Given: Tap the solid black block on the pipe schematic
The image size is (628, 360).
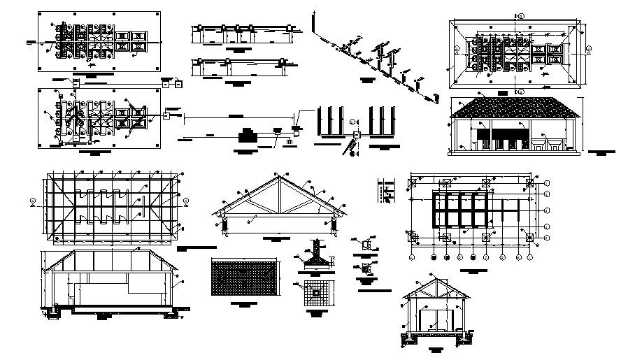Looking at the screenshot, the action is [247, 134].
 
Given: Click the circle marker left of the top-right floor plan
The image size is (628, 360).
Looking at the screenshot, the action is [456, 49].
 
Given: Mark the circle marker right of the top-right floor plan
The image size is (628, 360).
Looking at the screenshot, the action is [588, 49].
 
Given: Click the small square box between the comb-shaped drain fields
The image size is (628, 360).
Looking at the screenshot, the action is [356, 134].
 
